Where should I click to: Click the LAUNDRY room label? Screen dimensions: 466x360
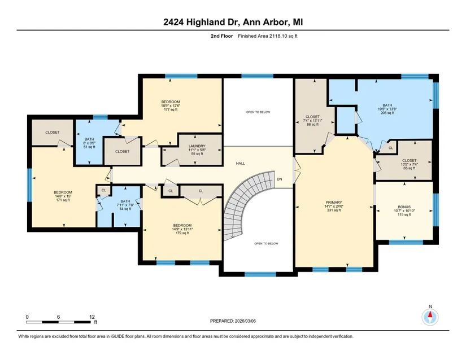[x=197, y=146]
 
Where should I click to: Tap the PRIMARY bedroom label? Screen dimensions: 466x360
[x=334, y=203]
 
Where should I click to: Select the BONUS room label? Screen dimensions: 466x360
[x=404, y=207]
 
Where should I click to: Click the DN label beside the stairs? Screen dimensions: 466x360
[x=280, y=179]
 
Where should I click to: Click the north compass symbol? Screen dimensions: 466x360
[x=430, y=317]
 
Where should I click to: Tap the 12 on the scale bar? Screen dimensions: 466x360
[x=92, y=317]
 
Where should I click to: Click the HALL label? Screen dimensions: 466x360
[x=241, y=163]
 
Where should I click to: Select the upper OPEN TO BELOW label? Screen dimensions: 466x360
[x=258, y=112]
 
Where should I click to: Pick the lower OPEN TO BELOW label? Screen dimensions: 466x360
[x=266, y=244]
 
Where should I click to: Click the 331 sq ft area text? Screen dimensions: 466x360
[x=334, y=210]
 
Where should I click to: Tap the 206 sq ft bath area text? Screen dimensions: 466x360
[x=387, y=113]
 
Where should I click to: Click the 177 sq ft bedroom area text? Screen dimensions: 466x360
[x=171, y=109]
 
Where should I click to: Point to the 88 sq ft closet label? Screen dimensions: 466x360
[x=313, y=124]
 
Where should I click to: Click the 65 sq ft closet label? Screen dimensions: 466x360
[x=410, y=168]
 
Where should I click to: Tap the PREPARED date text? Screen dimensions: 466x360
[x=233, y=321]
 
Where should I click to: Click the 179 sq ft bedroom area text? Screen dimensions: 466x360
[x=182, y=233]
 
